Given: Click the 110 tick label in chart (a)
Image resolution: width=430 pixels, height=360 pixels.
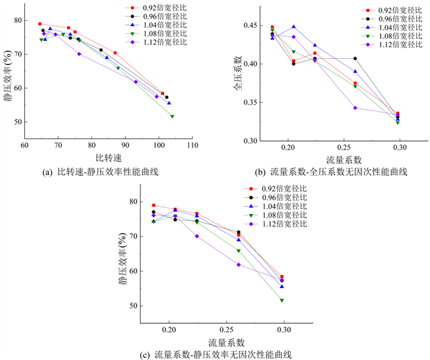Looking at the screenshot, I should point(192,146).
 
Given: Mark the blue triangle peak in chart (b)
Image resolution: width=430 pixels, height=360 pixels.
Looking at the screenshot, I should point(293,27).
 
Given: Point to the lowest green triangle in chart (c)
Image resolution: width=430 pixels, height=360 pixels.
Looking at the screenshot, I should point(281,300).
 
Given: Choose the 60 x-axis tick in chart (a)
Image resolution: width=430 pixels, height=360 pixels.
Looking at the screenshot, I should point(24,146).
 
